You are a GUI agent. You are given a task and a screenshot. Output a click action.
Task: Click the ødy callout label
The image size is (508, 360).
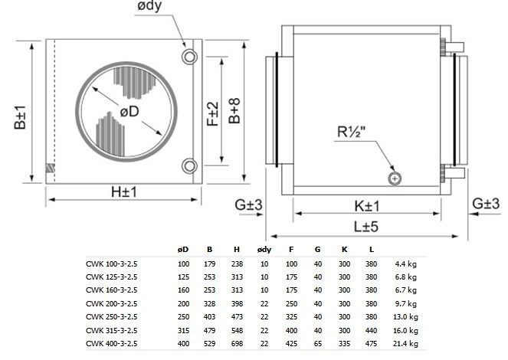tap(149, 6)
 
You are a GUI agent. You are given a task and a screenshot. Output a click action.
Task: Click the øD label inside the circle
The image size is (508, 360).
tap(129, 111)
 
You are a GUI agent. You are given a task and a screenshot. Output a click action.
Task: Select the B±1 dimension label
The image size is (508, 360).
tap(20, 117)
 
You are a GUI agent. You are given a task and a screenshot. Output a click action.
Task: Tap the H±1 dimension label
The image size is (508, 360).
tap(124, 192)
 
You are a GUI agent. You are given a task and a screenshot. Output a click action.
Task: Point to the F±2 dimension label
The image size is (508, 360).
tap(213, 114)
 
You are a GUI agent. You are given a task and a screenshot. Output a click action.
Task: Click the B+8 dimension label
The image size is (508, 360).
tap(234, 111)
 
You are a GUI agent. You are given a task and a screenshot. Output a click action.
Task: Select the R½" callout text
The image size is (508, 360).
tap(352, 132)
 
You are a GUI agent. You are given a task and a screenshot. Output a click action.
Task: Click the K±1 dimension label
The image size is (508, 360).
tap(366, 206)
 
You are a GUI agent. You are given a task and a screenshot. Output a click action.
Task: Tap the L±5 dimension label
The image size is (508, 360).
tap(366, 227)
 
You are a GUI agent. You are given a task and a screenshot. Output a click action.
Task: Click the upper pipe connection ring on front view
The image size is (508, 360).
tap(189, 57)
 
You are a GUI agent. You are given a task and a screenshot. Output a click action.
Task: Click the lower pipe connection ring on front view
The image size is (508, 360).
tap(189, 166)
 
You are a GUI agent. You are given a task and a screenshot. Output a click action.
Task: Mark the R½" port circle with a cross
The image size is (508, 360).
tap(395, 178)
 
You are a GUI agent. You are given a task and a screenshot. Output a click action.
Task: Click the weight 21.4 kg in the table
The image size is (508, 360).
tap(405, 343)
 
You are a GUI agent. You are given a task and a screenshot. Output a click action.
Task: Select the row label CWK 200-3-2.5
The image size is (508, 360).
tap(111, 303)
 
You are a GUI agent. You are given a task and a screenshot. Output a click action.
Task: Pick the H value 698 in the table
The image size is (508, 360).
tap(238, 343)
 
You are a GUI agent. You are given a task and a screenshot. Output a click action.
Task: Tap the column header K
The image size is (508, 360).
tap(344, 249)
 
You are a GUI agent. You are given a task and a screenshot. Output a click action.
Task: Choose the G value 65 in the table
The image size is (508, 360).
tap(318, 343)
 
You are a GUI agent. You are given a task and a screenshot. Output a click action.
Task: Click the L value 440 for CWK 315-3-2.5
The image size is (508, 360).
tap(372, 331)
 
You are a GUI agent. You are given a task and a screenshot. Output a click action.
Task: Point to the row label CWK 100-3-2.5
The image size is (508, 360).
tap(111, 263)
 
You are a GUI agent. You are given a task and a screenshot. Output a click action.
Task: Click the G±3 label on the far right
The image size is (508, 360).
tap(486, 204)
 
